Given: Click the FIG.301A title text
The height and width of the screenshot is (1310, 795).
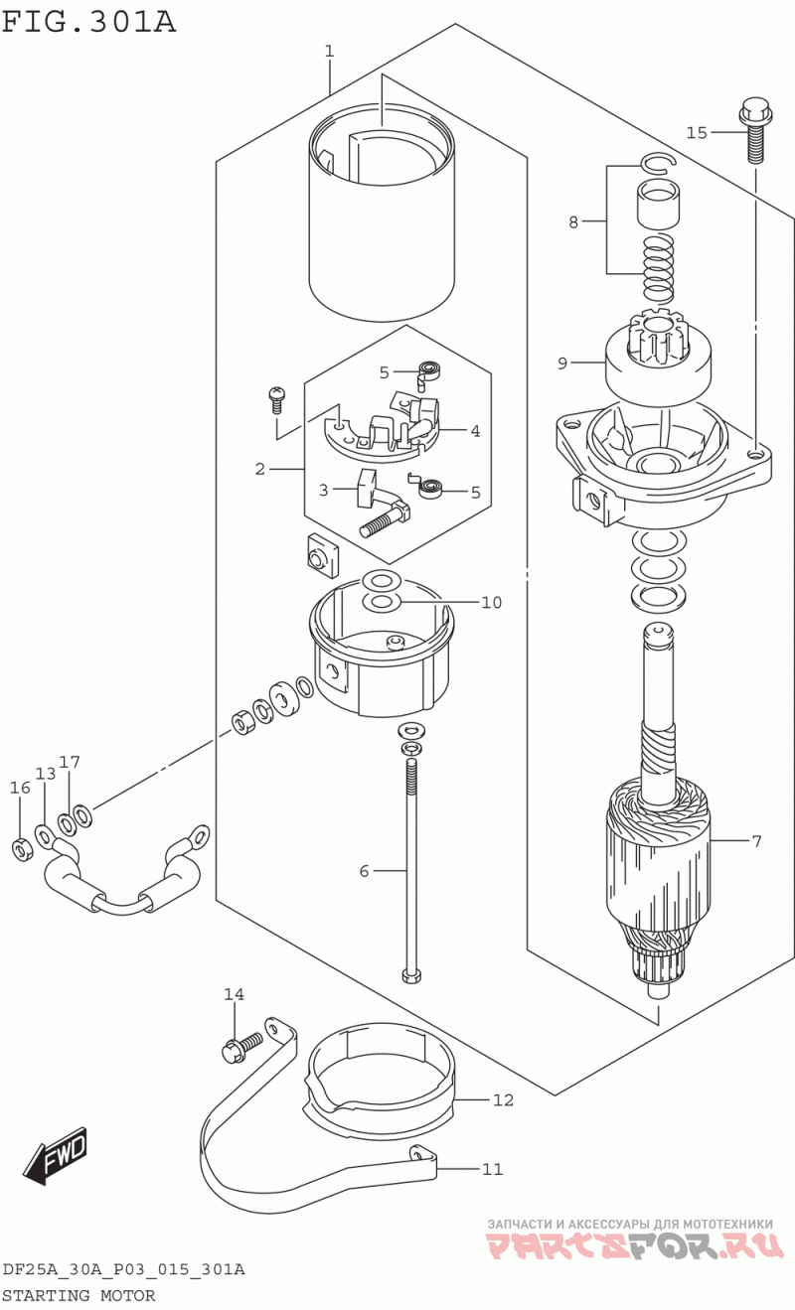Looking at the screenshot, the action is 88,22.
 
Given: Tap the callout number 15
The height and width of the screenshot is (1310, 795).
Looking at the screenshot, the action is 697,133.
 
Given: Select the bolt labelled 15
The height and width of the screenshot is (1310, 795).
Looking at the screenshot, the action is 756,130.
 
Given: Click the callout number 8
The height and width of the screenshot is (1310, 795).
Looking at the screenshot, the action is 573,222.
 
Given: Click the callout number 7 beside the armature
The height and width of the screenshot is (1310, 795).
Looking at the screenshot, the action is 757,841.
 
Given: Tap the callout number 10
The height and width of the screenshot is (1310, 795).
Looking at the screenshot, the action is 492,603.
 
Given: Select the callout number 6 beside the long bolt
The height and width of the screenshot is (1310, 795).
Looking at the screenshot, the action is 364,871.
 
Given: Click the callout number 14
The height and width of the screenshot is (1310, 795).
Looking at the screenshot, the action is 234,994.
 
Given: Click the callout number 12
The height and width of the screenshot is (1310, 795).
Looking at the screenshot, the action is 503,1100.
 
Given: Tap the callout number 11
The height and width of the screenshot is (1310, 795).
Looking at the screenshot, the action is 493,1169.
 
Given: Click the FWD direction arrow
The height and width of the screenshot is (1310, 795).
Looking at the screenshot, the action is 57,1156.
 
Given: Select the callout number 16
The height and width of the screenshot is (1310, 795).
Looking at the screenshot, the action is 20,788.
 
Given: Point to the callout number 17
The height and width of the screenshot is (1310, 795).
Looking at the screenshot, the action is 69,762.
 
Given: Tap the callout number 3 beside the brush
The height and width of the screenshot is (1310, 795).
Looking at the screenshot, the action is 324,490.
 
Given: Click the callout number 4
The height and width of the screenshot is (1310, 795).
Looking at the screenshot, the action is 475,432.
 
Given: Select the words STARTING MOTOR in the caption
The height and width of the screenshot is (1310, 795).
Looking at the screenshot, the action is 79,1295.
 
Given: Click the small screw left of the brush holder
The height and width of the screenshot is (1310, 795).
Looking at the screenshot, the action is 275,400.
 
